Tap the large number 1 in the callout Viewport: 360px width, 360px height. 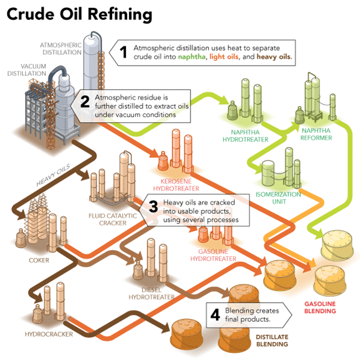click(124, 52)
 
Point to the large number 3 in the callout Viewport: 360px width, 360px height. click(153, 207)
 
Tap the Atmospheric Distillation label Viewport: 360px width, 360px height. click(61, 48)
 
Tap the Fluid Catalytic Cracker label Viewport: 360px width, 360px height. click(112, 219)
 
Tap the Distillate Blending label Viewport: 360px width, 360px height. click(272, 341)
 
